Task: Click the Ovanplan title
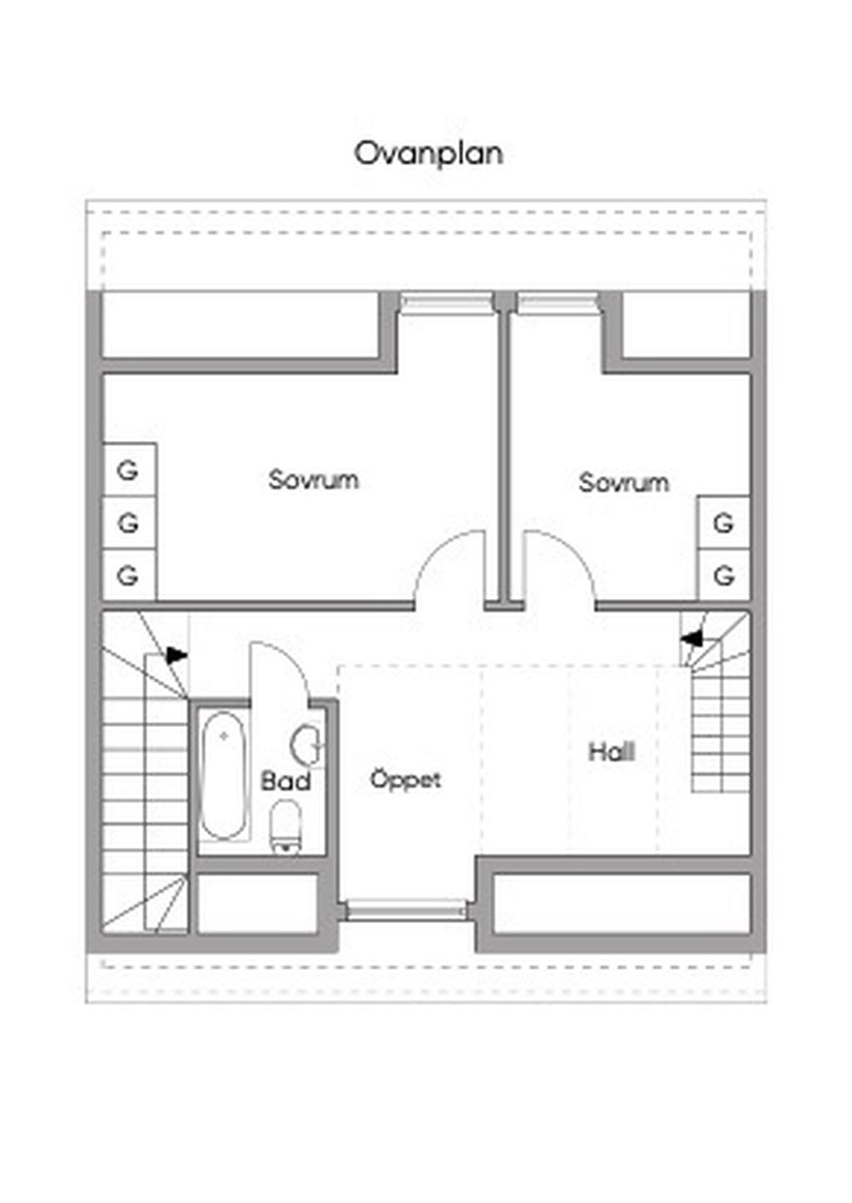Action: pyautogui.click(x=428, y=154)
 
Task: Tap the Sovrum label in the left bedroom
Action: pyautogui.click(x=314, y=479)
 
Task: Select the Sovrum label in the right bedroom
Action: pyautogui.click(x=624, y=483)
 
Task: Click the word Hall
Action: pyautogui.click(x=612, y=752)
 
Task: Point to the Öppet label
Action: pyautogui.click(x=405, y=779)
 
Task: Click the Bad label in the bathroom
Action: pyautogui.click(x=285, y=780)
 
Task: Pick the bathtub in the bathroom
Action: pyautogui.click(x=224, y=775)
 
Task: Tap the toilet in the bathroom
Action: pyautogui.click(x=285, y=826)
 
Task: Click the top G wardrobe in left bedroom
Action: pyautogui.click(x=130, y=470)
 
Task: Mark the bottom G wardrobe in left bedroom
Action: pyautogui.click(x=130, y=575)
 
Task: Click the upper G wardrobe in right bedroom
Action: pyautogui.click(x=724, y=522)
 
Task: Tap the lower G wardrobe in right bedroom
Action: pyautogui.click(x=724, y=575)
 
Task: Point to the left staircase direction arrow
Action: pyautogui.click(x=176, y=656)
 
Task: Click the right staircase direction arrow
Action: pyautogui.click(x=691, y=639)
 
